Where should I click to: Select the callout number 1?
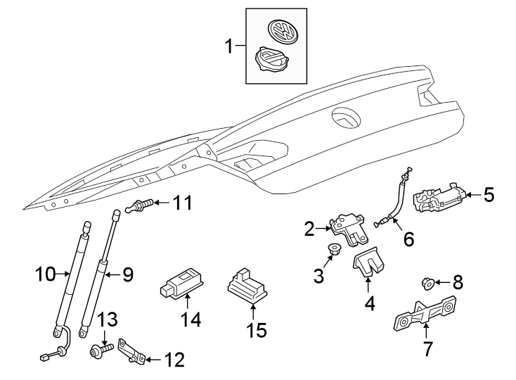(228, 47)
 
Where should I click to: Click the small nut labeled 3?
(335, 248)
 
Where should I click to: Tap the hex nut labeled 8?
(426, 284)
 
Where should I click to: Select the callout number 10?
(46, 273)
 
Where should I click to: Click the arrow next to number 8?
(441, 283)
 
